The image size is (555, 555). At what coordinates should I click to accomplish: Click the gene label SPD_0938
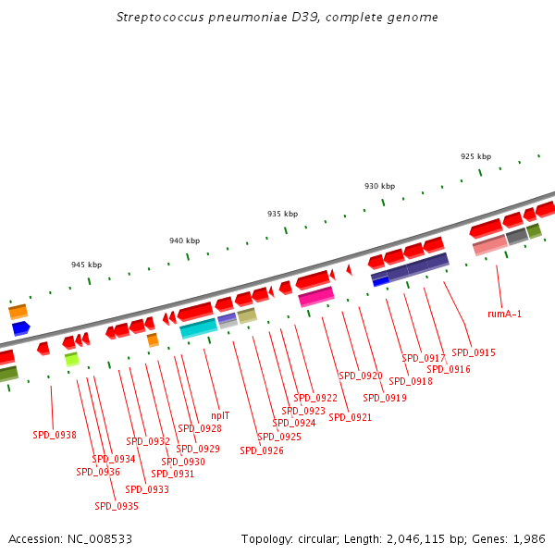[x=55, y=435]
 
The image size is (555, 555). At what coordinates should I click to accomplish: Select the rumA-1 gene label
[x=505, y=314]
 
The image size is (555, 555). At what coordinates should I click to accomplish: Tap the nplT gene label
[x=220, y=415]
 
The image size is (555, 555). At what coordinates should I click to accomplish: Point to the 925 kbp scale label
[x=475, y=156]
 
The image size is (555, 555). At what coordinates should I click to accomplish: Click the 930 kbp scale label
[x=379, y=186]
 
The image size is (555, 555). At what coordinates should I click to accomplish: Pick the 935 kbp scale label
[x=282, y=214]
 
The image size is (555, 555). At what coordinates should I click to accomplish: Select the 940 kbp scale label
[x=184, y=240]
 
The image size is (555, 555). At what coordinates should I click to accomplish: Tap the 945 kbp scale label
[x=86, y=265]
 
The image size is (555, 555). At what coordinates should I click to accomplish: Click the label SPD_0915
[x=474, y=352]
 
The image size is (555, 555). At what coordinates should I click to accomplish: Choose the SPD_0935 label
[x=117, y=506]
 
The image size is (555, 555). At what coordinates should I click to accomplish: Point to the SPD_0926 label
[x=262, y=451]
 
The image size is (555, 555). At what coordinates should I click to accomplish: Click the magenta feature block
[x=316, y=297]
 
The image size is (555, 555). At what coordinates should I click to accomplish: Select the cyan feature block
[x=198, y=328]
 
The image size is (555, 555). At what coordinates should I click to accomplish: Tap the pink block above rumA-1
[x=489, y=245]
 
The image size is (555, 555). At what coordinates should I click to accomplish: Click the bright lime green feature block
[x=71, y=359]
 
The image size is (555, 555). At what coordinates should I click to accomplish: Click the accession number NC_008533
[x=100, y=538]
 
